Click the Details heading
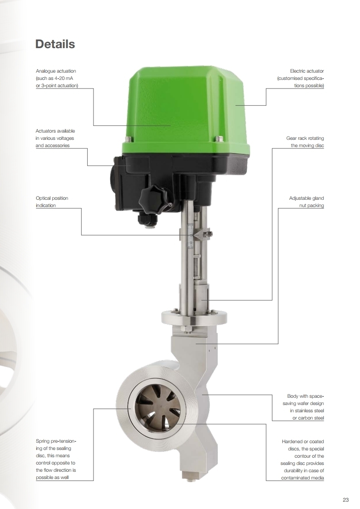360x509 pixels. click(55, 44)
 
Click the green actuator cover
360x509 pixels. click(186, 110)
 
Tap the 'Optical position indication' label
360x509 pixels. click(52, 202)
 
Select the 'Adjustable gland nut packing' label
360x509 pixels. click(306, 202)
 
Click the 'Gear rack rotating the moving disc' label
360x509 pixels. click(305, 142)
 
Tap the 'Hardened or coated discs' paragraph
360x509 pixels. click(302, 460)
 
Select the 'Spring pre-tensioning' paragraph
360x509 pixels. click(56, 460)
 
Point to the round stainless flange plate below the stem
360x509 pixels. click(194, 317)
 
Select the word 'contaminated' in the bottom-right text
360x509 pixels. click(295, 478)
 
